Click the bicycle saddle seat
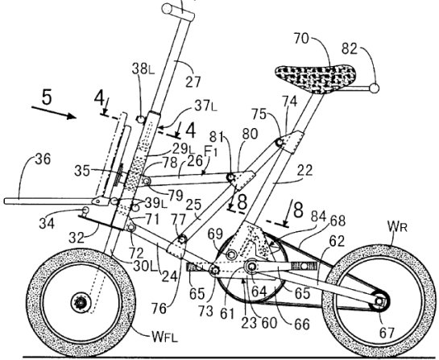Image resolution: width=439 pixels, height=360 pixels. click(x=316, y=77)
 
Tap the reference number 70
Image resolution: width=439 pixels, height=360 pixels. click(x=301, y=39)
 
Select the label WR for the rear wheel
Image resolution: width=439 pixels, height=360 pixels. click(x=397, y=226)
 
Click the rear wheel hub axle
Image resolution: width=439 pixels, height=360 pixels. click(x=379, y=302)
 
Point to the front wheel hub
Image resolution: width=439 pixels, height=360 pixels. click(x=81, y=302)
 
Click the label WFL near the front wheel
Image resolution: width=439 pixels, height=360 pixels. click(x=164, y=337)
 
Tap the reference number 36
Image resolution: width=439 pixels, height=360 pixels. click(x=43, y=159)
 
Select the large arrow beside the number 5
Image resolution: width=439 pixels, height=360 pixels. click(x=54, y=112)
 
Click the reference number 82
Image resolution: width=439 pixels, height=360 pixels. click(x=350, y=49)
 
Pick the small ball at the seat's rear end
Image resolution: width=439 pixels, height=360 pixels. click(x=375, y=88)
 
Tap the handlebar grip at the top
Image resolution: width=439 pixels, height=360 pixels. click(x=178, y=11)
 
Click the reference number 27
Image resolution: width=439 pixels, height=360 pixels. click(x=193, y=82)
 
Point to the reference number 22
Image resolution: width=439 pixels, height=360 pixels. click(x=305, y=171)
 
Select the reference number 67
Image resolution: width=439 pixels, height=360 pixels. click(x=387, y=333)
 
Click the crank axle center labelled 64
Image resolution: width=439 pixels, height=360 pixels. click(x=251, y=267)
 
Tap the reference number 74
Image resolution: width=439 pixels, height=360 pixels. click(x=289, y=101)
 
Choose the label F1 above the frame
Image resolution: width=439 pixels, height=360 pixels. click(x=211, y=151)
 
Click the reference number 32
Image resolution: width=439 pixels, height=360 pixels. click(x=77, y=238)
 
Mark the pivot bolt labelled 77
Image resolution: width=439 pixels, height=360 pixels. click(x=182, y=240)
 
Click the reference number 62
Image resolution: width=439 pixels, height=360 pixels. click(x=337, y=242)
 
